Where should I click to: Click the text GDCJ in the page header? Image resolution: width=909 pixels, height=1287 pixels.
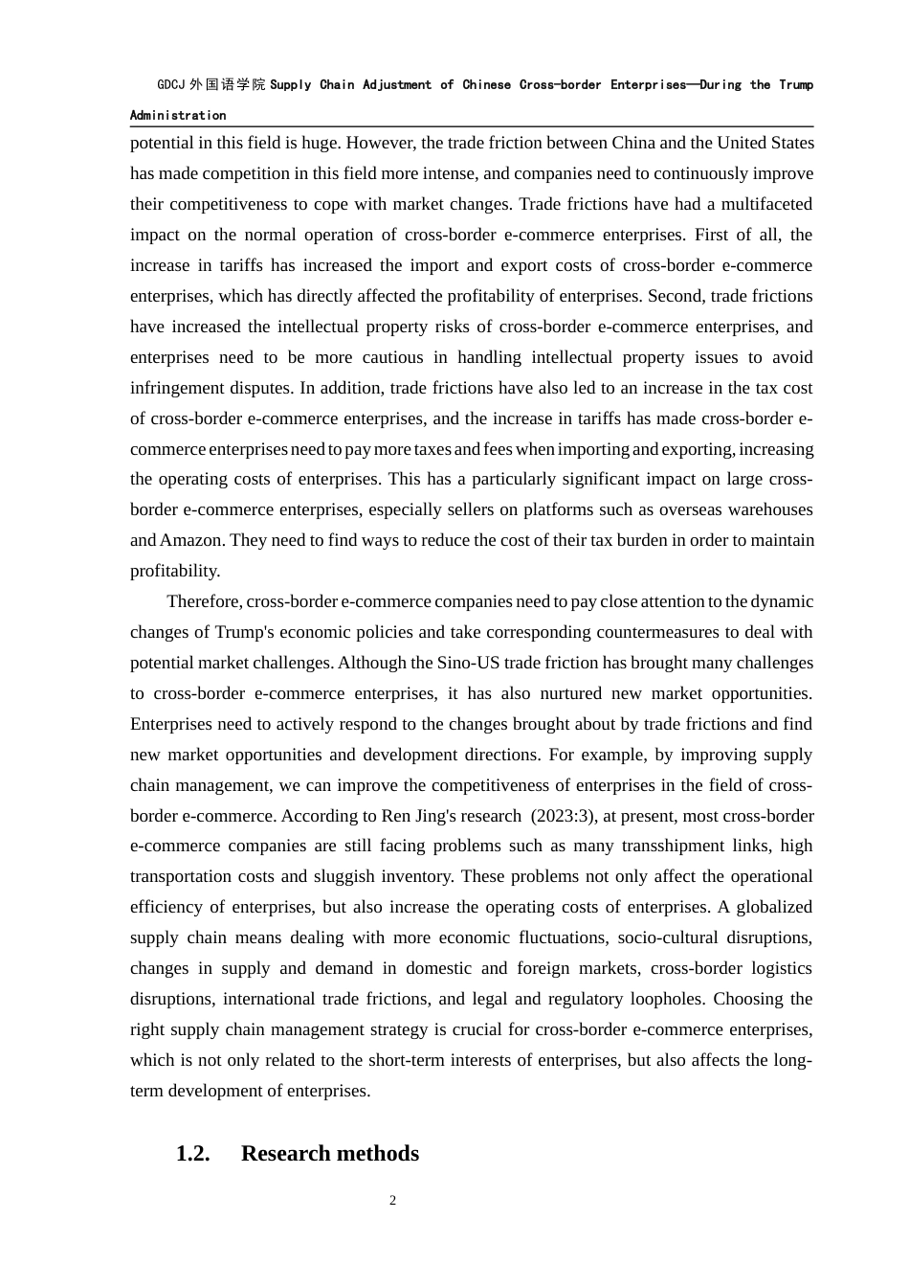(x=171, y=85)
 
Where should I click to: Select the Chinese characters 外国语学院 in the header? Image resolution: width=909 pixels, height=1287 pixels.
(x=227, y=85)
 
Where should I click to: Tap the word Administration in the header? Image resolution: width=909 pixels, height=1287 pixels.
(x=178, y=116)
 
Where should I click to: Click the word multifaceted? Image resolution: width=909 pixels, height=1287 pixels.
(x=761, y=204)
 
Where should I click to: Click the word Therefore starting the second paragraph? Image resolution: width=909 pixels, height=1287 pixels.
(x=204, y=601)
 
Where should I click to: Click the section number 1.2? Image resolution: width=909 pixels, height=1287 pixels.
(x=192, y=1154)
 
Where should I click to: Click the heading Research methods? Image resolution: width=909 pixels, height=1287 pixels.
(x=330, y=1154)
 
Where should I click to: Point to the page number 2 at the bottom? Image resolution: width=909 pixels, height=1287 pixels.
(x=392, y=1201)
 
